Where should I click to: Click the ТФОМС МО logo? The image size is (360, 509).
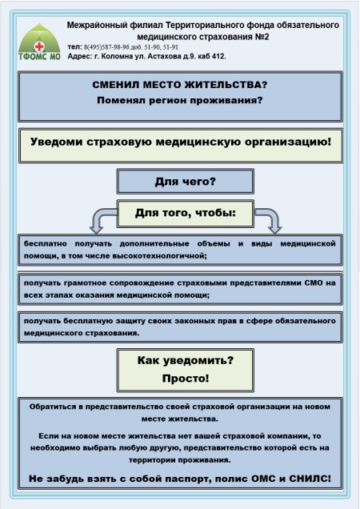(39, 42)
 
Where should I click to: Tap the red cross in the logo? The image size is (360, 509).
(39, 46)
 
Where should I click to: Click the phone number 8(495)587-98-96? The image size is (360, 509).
(106, 47)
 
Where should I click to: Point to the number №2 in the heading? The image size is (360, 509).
(262, 37)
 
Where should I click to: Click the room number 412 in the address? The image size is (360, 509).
(218, 56)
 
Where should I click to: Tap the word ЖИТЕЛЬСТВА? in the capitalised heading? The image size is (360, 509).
(226, 85)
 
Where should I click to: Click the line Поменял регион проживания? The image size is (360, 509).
(180, 100)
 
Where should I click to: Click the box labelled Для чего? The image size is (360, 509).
(186, 181)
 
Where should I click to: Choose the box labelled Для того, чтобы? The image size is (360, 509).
(186, 213)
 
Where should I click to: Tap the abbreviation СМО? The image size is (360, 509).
(314, 283)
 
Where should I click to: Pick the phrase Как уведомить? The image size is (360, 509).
(186, 360)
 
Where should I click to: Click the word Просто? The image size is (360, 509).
(186, 379)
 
